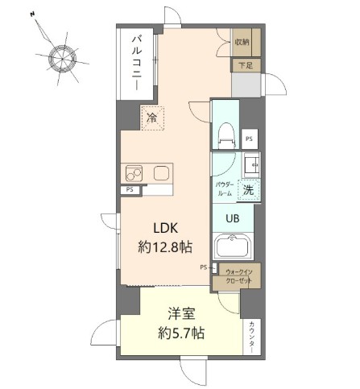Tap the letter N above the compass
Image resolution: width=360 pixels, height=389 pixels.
point(32,14)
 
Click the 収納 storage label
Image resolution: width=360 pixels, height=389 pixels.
point(242,41)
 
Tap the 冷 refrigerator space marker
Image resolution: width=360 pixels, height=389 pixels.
point(152,118)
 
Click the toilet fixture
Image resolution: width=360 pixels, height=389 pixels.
point(226,130)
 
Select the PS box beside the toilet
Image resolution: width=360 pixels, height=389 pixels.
point(249,139)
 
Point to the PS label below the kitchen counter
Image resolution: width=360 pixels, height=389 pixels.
point(130,190)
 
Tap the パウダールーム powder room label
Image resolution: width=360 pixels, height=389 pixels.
point(224,189)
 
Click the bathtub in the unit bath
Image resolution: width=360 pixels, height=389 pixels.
point(232,247)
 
